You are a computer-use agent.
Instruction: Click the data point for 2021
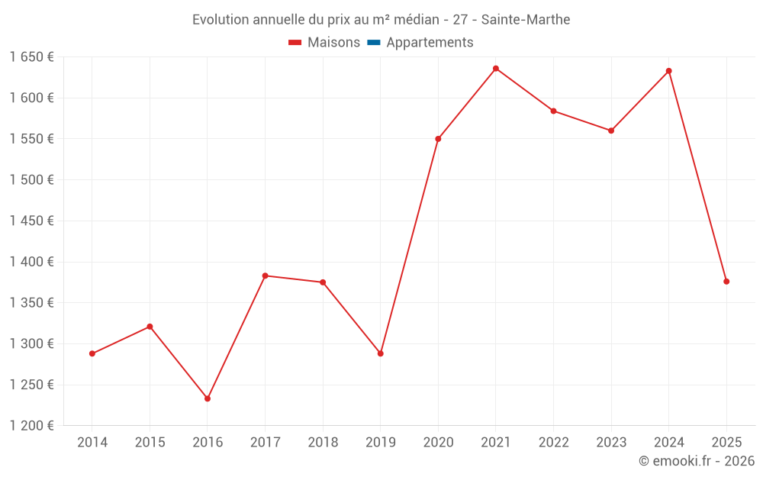[x=496, y=69]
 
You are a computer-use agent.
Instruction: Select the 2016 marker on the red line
[x=208, y=398]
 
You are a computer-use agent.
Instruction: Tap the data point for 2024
[x=669, y=71]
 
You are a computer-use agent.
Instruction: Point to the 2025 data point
[x=726, y=282]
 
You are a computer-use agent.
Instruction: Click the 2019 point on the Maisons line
[x=380, y=353]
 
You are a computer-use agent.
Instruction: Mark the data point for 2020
[x=438, y=139]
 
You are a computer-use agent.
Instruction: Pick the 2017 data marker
[x=265, y=276]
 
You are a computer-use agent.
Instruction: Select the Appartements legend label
[x=430, y=43]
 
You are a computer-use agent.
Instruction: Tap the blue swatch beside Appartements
[x=374, y=43]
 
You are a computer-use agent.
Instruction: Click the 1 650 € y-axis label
[x=31, y=57]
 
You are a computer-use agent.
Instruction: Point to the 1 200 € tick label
[x=31, y=426]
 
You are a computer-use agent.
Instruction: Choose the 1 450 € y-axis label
[x=31, y=221]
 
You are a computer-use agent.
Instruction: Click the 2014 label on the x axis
[x=92, y=443]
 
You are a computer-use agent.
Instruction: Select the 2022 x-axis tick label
[x=553, y=443]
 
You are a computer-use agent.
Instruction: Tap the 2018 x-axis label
[x=323, y=443]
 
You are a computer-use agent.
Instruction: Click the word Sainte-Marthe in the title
[x=526, y=20]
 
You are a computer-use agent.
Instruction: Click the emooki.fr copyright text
[x=697, y=461]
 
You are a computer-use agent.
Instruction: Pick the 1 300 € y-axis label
[x=31, y=344]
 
